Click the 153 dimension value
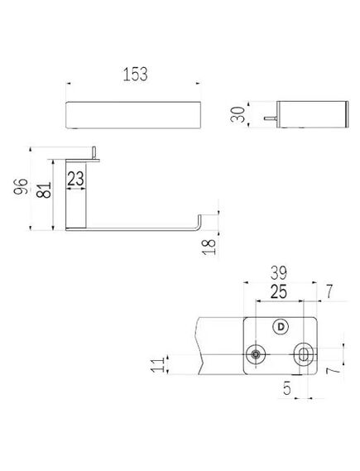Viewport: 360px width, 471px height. point(136,74)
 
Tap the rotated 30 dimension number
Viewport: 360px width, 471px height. point(238,114)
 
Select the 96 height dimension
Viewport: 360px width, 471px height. point(21,186)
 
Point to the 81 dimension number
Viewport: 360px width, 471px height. point(44,190)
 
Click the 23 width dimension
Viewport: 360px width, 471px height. point(75,179)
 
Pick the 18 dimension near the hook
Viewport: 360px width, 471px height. point(209,247)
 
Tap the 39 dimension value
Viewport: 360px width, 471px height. point(279,272)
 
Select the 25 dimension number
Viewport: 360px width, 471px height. point(279,291)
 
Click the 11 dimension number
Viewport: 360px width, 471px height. point(157,364)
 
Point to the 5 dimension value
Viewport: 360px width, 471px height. point(287,388)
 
